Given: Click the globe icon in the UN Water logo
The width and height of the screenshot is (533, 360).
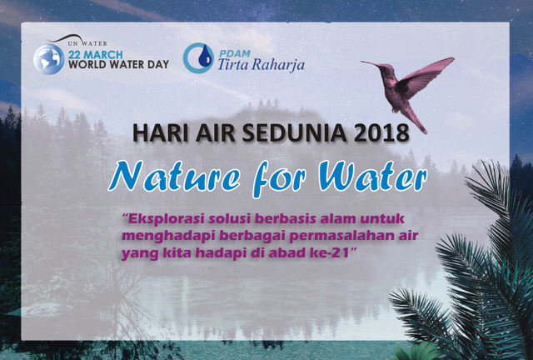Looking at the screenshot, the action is pos(49,59).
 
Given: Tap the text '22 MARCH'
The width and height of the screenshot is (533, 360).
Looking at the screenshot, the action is pos(95,54).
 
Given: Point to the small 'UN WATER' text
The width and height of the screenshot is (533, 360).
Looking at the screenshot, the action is pos(87,43).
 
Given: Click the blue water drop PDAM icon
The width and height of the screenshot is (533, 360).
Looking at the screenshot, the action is pos(198,57).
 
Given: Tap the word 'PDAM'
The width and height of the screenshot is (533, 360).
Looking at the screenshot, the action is pos(235,53).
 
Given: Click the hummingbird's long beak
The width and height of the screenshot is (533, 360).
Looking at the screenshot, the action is pos(371,63).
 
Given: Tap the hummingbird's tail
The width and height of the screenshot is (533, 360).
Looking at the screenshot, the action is pos(417,122).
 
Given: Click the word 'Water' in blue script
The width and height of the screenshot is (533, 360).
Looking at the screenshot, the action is pos(372,177).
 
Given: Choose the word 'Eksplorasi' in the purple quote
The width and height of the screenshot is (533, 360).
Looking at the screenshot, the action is pos(163,219).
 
